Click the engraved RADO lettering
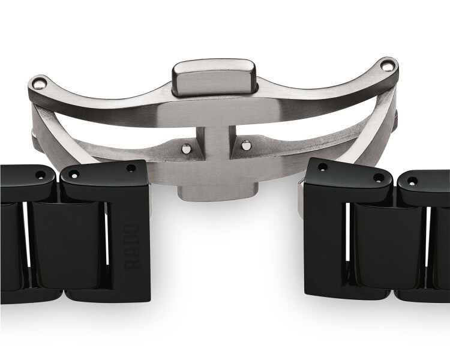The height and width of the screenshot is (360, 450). click(132, 247)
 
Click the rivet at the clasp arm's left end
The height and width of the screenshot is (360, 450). click(40, 83)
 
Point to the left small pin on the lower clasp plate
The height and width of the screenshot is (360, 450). click(186, 148)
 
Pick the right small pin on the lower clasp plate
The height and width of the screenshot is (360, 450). click(245, 145)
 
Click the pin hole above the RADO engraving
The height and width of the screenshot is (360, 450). click(131, 167)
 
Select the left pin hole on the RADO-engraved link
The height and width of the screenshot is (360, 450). click(75, 174)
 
